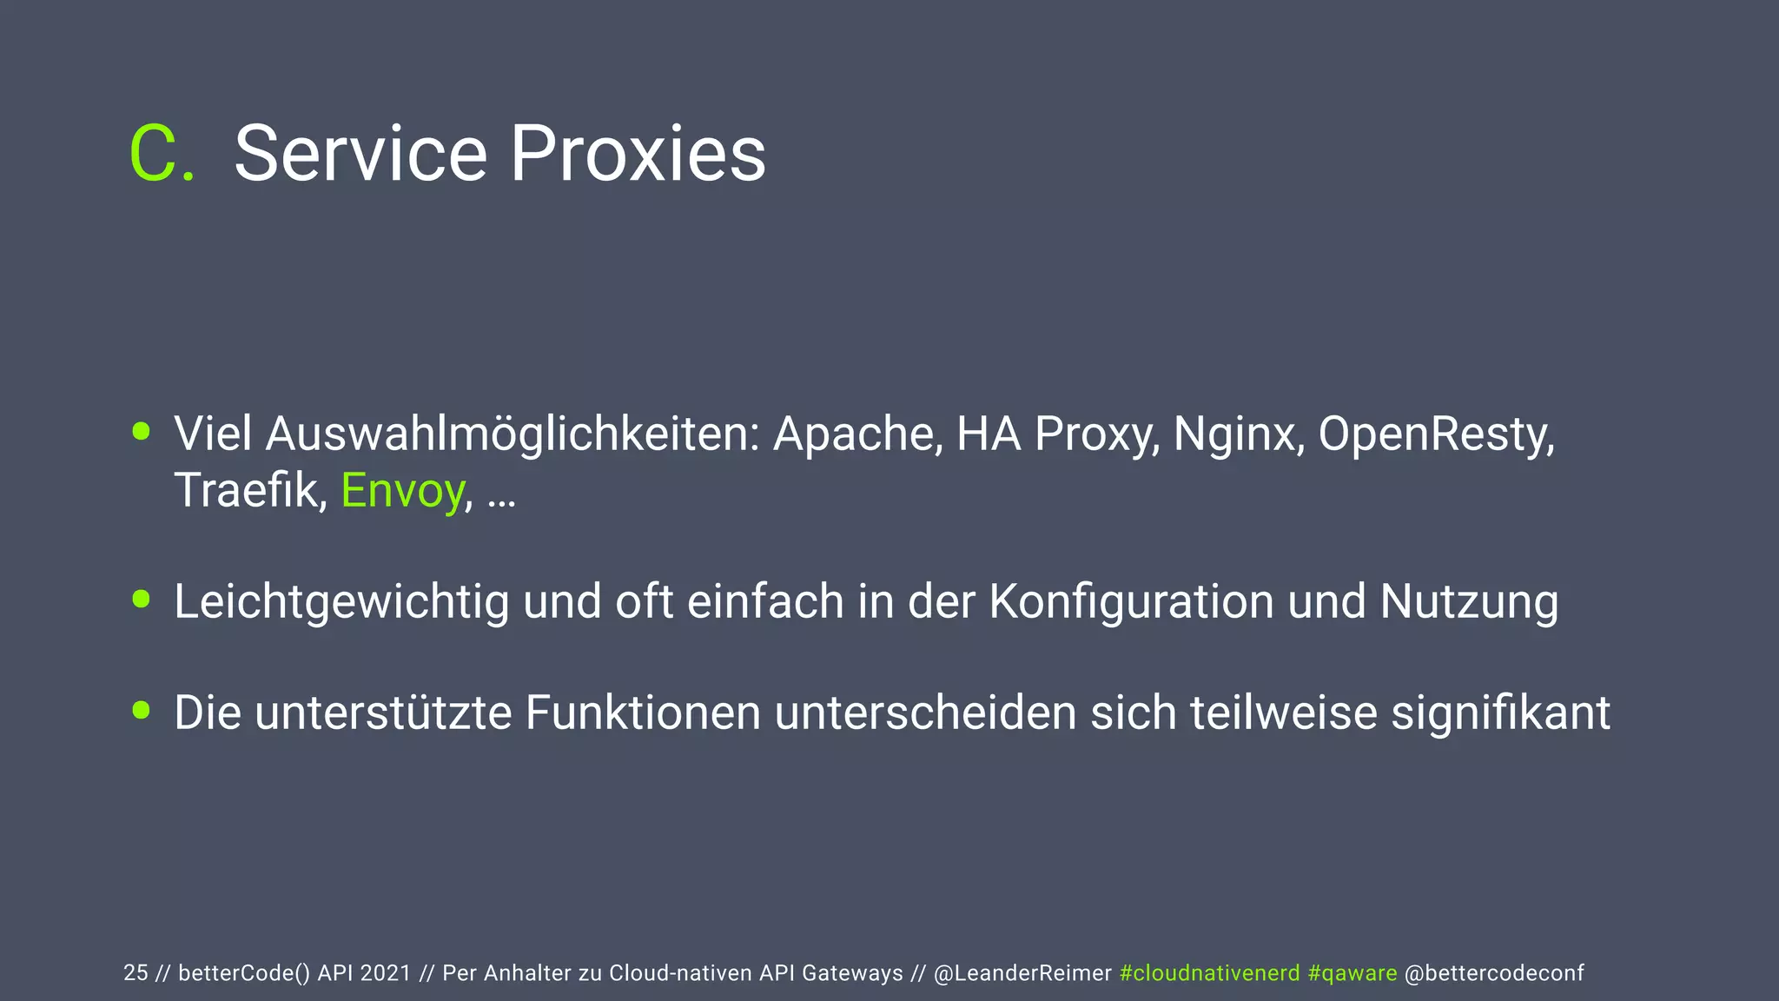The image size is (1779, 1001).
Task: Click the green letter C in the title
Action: (x=153, y=154)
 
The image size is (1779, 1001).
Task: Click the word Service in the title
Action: (x=360, y=154)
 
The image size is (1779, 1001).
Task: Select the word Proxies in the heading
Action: (x=638, y=154)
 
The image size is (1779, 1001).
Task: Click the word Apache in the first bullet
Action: (x=856, y=434)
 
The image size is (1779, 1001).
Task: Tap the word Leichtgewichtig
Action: (x=341, y=601)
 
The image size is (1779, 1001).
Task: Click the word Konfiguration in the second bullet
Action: (x=1131, y=601)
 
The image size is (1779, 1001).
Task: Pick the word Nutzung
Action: (x=1469, y=601)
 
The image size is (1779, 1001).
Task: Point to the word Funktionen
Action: (x=643, y=713)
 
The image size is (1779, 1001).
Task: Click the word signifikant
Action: (x=1500, y=713)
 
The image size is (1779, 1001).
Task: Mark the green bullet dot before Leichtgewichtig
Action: (x=142, y=599)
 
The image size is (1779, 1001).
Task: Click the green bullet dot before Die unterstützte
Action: (x=142, y=710)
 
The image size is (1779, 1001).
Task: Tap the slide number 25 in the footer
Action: (x=136, y=973)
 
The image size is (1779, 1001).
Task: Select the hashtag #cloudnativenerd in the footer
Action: (x=1209, y=973)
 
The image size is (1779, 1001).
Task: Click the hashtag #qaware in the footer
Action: (x=1352, y=973)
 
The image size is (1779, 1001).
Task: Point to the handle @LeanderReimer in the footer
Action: (x=1022, y=973)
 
